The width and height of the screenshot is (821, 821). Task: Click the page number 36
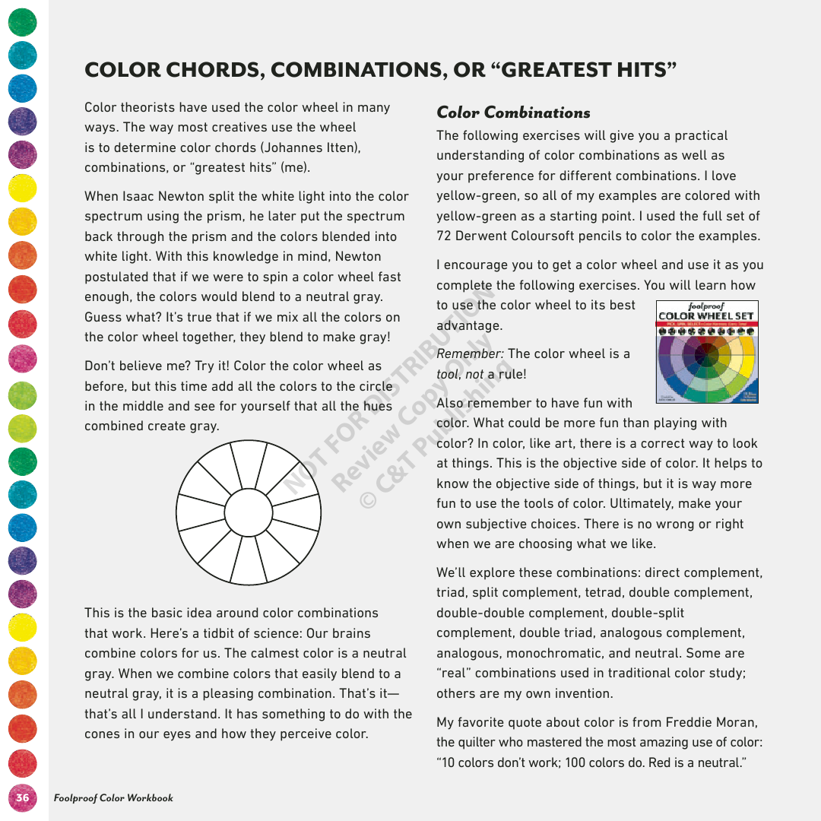pos(23,797)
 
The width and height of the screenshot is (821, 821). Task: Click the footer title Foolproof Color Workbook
pos(113,797)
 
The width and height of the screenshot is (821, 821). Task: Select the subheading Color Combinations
pos(513,113)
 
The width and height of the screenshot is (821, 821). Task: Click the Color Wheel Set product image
pos(706,353)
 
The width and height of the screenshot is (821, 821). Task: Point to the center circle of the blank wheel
pos(249,512)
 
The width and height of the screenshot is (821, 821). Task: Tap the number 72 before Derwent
pos(444,236)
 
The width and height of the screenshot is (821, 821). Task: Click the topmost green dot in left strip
pos(23,22)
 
